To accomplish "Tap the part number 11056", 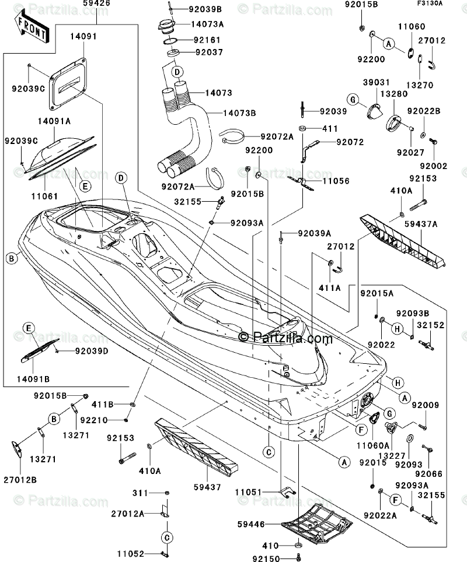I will [x=336, y=181].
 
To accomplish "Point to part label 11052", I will [x=130, y=553].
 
